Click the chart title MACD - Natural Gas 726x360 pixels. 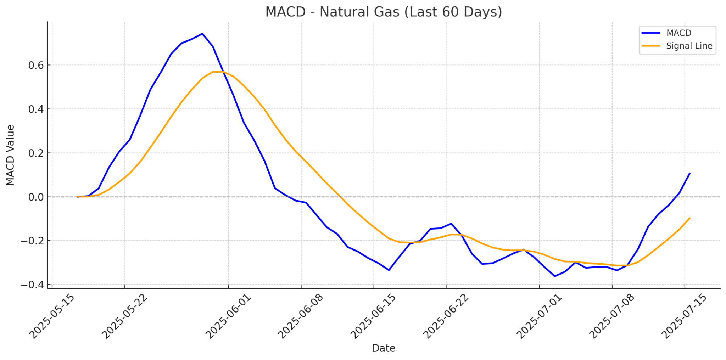pyautogui.click(x=384, y=12)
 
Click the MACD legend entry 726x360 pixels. pyautogui.click(x=678, y=33)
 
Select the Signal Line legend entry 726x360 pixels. pyautogui.click(x=689, y=46)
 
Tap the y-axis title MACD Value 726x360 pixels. pyautogui.click(x=11, y=155)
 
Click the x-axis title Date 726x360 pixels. pyautogui.click(x=383, y=348)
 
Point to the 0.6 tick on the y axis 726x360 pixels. pyautogui.click(x=36, y=65)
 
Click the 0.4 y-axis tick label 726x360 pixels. pyautogui.click(x=36, y=109)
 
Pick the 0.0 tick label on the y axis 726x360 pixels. pyautogui.click(x=36, y=197)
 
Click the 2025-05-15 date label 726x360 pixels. pyautogui.click(x=52, y=316)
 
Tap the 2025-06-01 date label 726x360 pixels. pyautogui.click(x=228, y=316)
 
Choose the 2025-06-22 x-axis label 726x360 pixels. pyautogui.click(x=446, y=316)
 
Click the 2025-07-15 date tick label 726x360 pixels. pyautogui.click(x=684, y=316)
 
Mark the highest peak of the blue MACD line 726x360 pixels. pyautogui.click(x=202, y=34)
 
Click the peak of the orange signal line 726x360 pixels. pyautogui.click(x=218, y=72)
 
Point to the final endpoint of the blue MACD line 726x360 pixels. pyautogui.click(x=689, y=173)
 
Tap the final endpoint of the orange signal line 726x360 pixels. pyautogui.click(x=689, y=218)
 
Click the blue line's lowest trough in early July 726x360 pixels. pyautogui.click(x=555, y=276)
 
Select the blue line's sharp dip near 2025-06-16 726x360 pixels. pyautogui.click(x=389, y=270)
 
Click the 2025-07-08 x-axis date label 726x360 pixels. pyautogui.click(x=612, y=316)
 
